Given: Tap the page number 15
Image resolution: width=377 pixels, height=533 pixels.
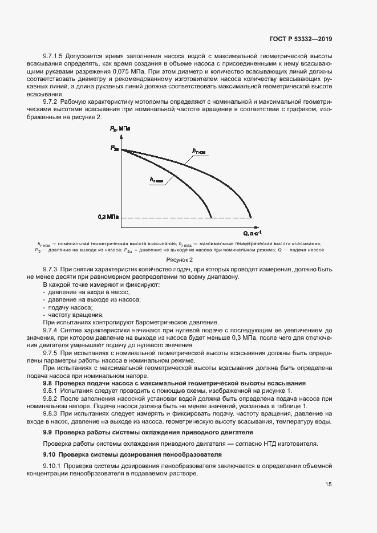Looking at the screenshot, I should click(x=329, y=485).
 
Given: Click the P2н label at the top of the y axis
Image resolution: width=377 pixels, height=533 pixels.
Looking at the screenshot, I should click(x=115, y=149).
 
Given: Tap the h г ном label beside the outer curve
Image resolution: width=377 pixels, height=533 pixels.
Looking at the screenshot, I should click(x=198, y=151).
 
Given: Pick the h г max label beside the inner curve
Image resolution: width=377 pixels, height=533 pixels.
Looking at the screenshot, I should click(x=157, y=179).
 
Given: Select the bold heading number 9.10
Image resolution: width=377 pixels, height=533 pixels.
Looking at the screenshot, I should click(x=50, y=454).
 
